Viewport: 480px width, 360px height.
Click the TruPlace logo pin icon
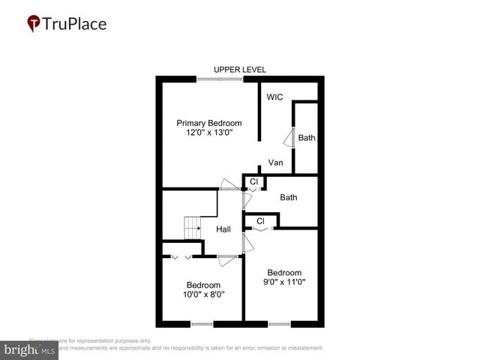(33, 24)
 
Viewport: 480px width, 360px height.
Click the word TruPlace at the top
(75, 24)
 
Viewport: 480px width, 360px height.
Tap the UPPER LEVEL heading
(240, 70)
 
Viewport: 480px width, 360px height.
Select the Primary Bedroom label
(209, 123)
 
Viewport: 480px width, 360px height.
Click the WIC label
(274, 97)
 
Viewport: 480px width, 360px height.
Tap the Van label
(275, 162)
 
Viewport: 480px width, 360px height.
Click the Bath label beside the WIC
(307, 138)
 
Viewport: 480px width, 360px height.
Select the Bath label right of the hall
(289, 198)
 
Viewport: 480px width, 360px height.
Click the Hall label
(223, 229)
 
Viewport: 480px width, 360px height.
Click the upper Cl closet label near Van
(253, 181)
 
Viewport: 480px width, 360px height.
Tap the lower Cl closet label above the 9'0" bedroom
(261, 221)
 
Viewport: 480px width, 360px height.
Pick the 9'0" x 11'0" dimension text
(285, 282)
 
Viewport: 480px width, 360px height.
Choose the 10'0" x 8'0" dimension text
(204, 295)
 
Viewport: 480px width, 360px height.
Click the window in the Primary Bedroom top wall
(220, 78)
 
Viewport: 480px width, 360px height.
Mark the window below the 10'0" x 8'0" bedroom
(202, 325)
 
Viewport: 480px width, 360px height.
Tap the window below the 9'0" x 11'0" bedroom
(279, 325)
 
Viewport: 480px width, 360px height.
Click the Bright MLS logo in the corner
(31, 349)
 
